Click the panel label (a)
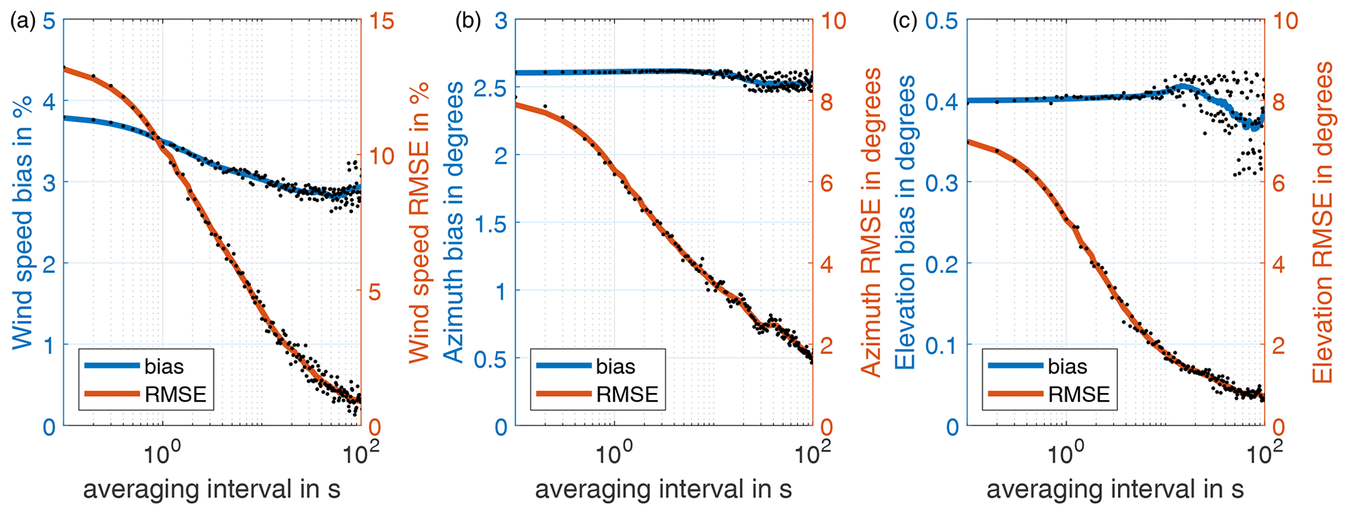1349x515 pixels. pyautogui.click(x=23, y=22)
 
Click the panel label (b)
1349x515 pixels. pyautogui.click(x=467, y=22)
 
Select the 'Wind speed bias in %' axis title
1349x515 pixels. pyautogui.click(x=22, y=223)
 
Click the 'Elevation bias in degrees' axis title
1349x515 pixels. pyautogui.click(x=905, y=223)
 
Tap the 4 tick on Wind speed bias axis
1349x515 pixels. pyautogui.click(x=49, y=101)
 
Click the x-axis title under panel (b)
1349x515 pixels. pyautogui.click(x=663, y=489)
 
